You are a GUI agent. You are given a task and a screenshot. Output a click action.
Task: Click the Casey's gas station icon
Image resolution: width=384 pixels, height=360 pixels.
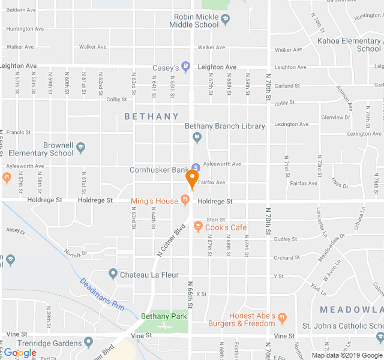tap(185, 67)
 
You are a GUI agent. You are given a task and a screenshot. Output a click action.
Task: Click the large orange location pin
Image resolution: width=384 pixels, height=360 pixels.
tap(192, 178)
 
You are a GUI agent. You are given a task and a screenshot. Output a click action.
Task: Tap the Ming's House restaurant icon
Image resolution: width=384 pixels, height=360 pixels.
tap(185, 200)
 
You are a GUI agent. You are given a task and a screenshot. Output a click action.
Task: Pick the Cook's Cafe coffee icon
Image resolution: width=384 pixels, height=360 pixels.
tap(197, 227)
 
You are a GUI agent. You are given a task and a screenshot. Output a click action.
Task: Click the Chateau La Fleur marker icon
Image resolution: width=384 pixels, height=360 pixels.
tap(113, 274)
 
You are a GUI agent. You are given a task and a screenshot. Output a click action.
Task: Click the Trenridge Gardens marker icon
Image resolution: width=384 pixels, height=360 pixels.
tap(89, 343)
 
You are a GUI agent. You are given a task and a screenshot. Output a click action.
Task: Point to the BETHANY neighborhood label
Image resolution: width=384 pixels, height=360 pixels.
tap(152, 116)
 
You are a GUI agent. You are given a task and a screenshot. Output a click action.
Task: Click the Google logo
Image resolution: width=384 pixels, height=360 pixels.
tap(20, 353)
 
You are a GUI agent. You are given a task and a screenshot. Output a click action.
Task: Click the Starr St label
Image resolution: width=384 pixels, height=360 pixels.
tap(215, 220)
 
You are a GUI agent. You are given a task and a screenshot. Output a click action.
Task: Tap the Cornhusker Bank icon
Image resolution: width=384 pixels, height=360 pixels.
tap(196, 167)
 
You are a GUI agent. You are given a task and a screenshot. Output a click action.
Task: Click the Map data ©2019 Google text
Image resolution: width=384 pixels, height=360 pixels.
tap(346, 355)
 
